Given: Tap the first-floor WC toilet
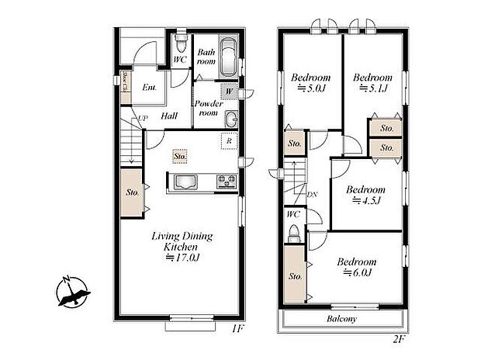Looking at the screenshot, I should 180,40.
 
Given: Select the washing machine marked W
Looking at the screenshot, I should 228,92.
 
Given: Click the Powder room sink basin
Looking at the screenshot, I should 230,119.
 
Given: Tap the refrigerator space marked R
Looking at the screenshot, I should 227,141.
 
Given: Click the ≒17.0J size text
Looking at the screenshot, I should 182,258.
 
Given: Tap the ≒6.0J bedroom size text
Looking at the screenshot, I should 357,272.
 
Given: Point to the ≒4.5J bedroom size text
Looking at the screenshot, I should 366,200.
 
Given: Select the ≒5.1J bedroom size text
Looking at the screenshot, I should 372,88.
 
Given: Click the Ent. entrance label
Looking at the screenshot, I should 150,87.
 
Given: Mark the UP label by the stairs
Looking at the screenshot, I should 143,118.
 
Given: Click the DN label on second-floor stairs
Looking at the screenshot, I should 312,195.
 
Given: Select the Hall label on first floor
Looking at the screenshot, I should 169,116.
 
